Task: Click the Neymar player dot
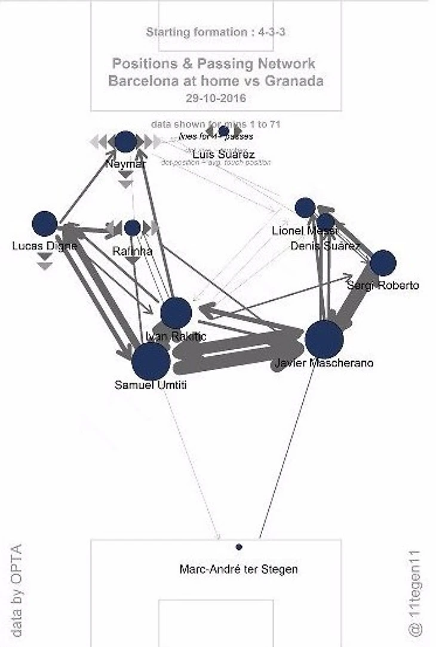tap(125, 142)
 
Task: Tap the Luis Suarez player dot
tap(224, 131)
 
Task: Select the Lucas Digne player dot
tap(44, 224)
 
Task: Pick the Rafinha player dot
tap(133, 228)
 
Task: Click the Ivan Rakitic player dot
tap(176, 312)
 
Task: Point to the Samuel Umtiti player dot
tap(151, 361)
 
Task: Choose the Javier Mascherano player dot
tap(324, 339)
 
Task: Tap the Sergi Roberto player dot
tap(383, 263)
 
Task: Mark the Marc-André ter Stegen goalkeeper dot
tap(239, 547)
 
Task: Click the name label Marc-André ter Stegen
tap(238, 569)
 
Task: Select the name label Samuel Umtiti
tap(151, 385)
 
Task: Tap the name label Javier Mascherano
tap(324, 362)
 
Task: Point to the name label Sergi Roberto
tap(383, 286)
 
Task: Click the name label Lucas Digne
tap(44, 246)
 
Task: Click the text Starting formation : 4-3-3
tap(216, 32)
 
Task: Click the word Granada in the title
tap(291, 81)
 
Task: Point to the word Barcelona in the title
tap(142, 81)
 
